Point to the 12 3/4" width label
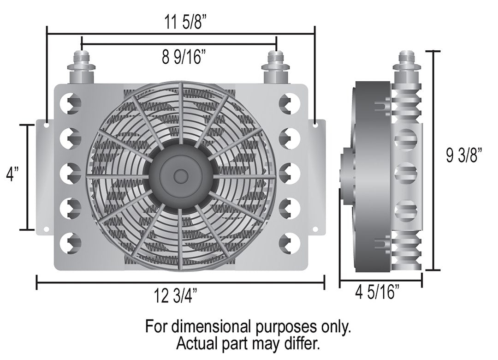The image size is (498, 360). pyautogui.click(x=181, y=295)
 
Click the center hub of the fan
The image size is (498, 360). pyautogui.click(x=181, y=175)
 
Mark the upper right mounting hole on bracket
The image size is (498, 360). pyautogui.click(x=314, y=124)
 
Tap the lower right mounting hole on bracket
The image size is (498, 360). pyautogui.click(x=314, y=229)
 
